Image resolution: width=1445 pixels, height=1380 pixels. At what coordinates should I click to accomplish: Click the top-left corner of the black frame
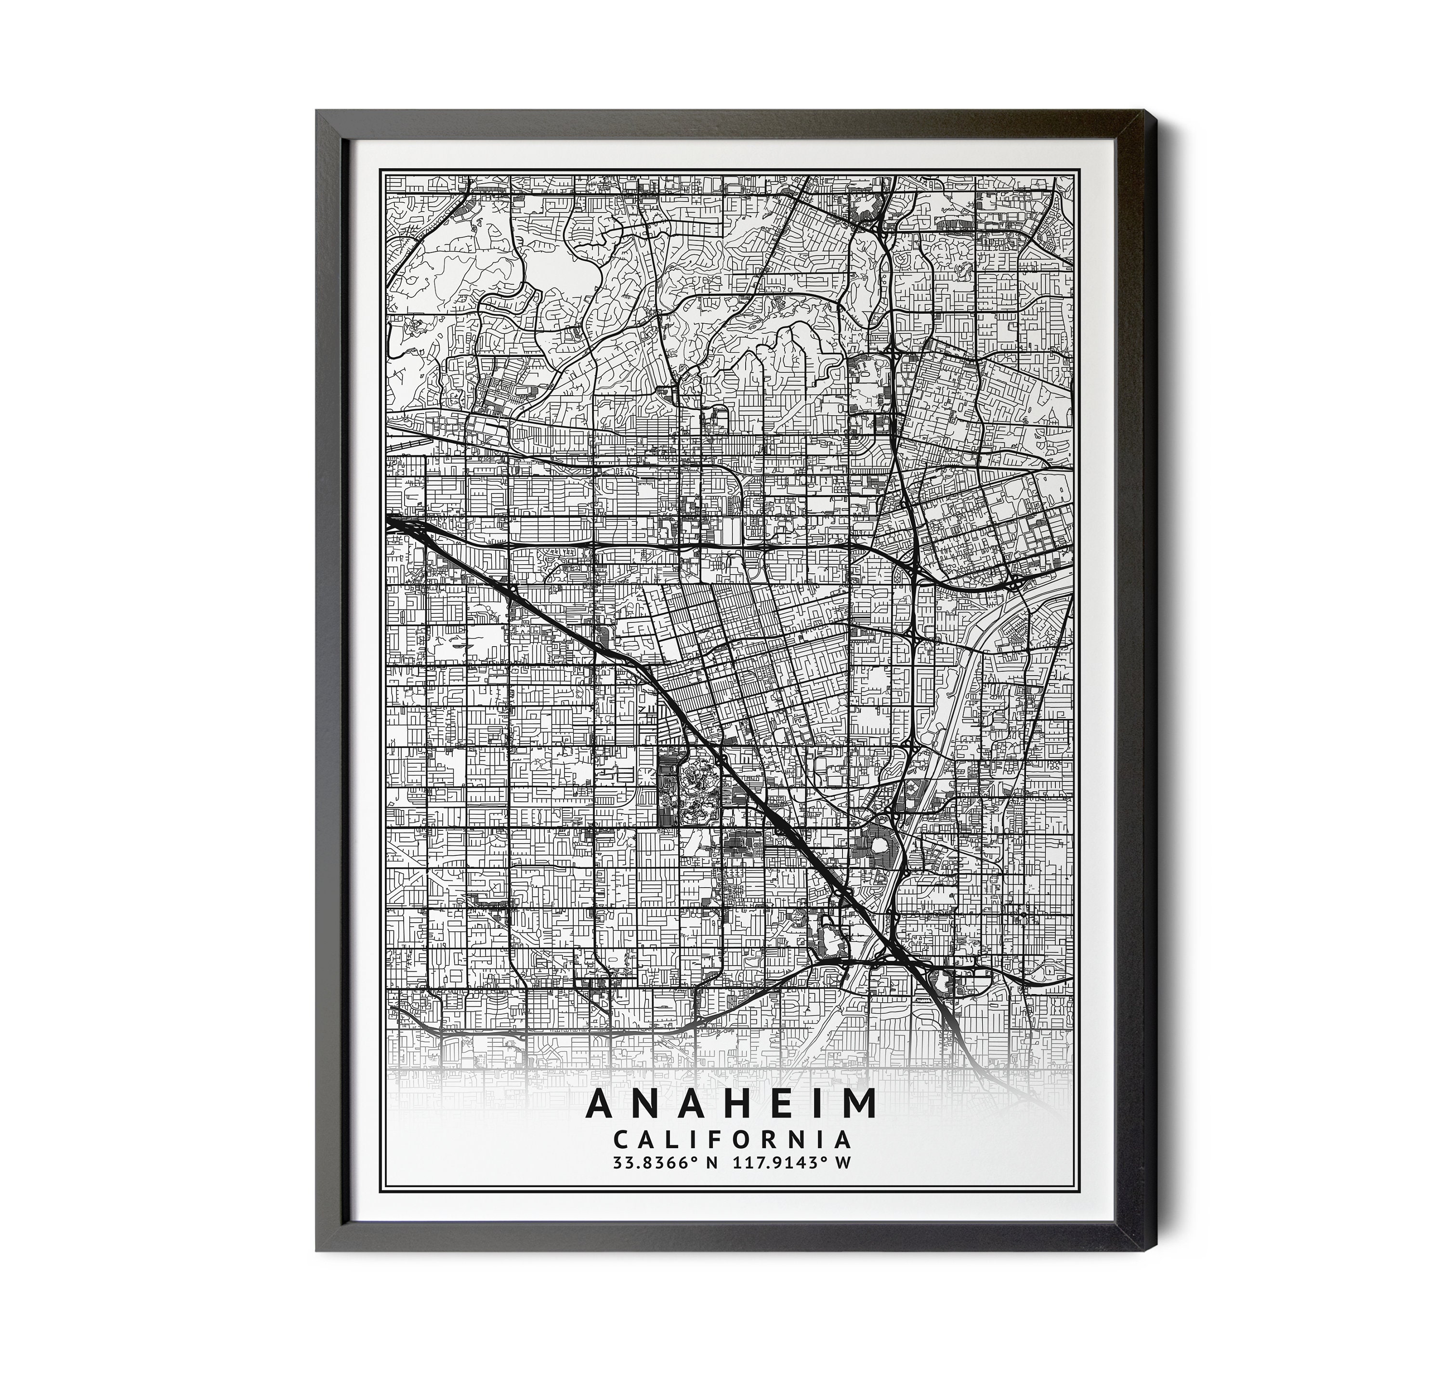[318, 112]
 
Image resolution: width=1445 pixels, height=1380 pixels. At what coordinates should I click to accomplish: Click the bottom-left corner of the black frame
[318, 1271]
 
